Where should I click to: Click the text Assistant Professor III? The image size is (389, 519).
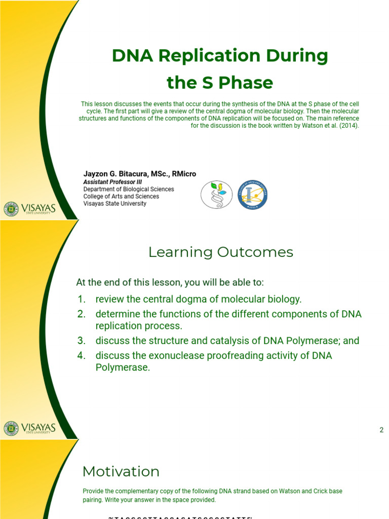(112, 182)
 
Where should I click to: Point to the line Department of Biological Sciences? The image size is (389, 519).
(128, 189)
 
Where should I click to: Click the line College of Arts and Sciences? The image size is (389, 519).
(121, 196)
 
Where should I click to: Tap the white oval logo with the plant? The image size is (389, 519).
(217, 195)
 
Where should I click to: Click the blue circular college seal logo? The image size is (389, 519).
(252, 195)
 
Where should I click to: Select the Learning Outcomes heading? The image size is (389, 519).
(220, 252)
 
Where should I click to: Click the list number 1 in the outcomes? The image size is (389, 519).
(82, 299)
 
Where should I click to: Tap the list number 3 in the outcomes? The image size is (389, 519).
(82, 341)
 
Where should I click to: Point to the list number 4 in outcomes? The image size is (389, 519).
(82, 356)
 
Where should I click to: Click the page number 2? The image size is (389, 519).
(381, 430)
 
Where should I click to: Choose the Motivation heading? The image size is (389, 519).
(121, 471)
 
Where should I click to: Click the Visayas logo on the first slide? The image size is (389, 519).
(29, 209)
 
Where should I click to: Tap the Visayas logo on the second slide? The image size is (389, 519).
(29, 428)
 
